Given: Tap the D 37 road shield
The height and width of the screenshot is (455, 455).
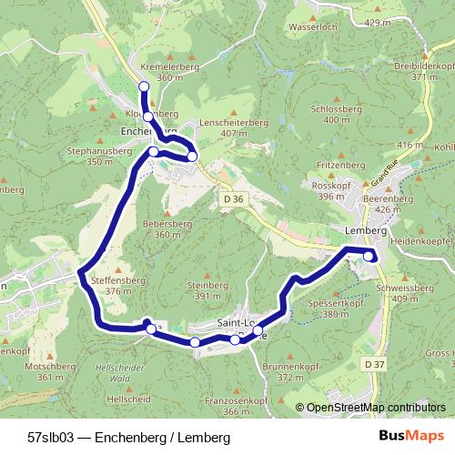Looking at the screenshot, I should click(x=369, y=364).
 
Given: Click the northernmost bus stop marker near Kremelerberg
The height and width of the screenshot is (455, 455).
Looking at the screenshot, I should click(x=143, y=86).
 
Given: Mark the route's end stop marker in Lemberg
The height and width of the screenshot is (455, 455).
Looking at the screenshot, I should click(x=369, y=257).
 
